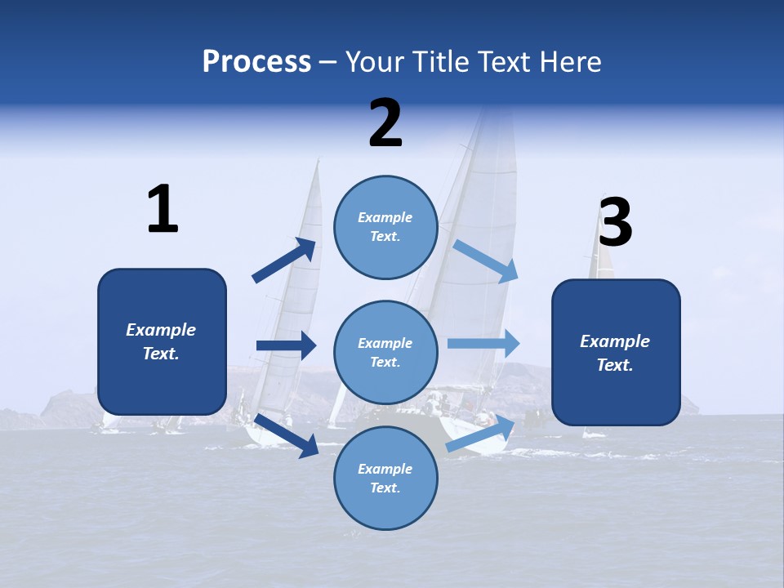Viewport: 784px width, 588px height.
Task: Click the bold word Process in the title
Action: [x=256, y=62]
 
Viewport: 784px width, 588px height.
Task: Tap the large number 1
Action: [x=163, y=210]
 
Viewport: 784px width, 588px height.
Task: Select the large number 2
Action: [x=385, y=123]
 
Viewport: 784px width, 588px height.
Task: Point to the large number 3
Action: [x=615, y=223]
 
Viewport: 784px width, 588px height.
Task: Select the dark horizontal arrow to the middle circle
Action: [x=287, y=345]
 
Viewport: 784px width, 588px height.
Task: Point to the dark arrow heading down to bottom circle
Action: [x=287, y=435]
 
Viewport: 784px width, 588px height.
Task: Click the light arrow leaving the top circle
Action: [x=486, y=261]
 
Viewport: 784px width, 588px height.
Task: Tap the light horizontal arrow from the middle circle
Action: [x=483, y=343]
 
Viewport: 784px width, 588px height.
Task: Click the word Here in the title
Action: [x=571, y=62]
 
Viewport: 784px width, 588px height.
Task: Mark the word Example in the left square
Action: [x=161, y=330]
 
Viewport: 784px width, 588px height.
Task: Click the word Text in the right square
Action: [x=615, y=365]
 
